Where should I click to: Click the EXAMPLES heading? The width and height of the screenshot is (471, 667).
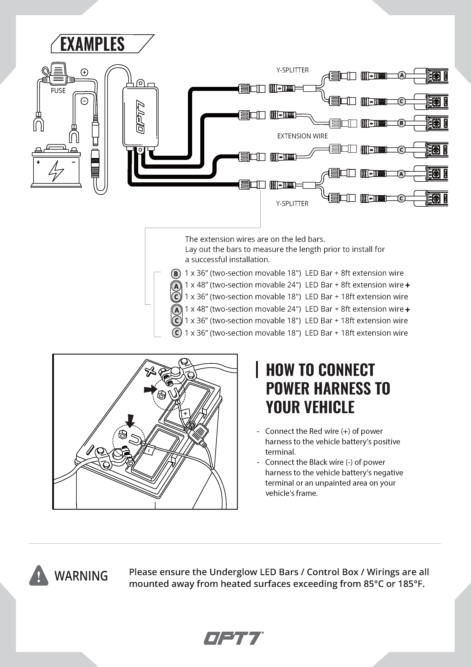pos(92,44)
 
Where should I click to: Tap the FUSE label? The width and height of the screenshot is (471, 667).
pos(58,91)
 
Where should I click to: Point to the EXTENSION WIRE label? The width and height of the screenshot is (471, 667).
pos(302,136)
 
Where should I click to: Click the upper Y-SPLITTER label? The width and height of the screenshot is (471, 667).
pos(292,70)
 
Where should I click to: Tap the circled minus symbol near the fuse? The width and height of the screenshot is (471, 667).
pos(84,101)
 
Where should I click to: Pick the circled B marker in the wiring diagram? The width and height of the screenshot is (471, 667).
pos(401,123)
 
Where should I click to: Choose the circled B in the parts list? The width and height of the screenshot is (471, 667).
pos(176,274)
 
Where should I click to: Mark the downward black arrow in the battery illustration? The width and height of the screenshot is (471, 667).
pos(130,421)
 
